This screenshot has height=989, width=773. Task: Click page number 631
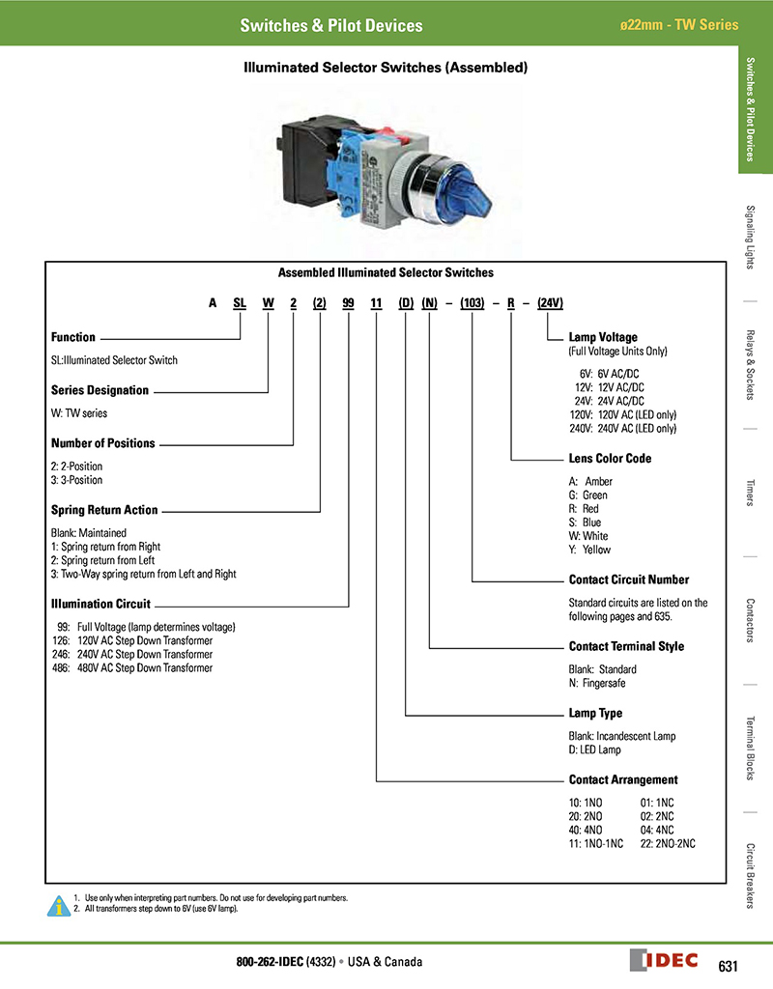point(729,966)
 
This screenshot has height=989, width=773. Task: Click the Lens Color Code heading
point(610,459)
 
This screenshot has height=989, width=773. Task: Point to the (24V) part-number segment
point(550,302)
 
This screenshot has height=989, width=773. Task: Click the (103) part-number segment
point(472,302)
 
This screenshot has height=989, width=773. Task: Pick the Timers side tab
point(751,492)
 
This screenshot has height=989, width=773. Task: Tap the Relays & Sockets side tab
point(751,364)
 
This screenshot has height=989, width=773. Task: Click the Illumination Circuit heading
point(100,604)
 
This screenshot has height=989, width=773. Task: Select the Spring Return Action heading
point(103,510)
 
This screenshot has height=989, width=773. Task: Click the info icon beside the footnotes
point(60,904)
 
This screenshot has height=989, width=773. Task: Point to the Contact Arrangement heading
point(623,779)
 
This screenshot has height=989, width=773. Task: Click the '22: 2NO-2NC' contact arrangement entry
point(668,843)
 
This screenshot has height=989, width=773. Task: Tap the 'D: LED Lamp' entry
point(595,749)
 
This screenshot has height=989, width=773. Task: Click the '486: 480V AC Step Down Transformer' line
point(131,667)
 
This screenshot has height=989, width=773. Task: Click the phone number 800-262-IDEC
point(270,962)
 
